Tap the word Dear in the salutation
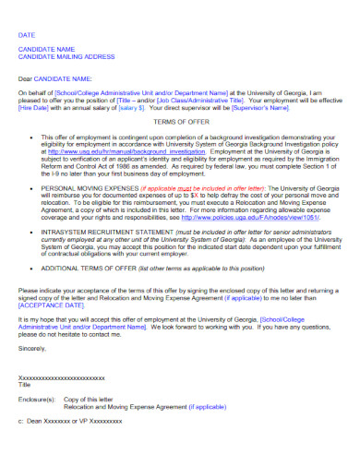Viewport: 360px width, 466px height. (26, 78)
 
